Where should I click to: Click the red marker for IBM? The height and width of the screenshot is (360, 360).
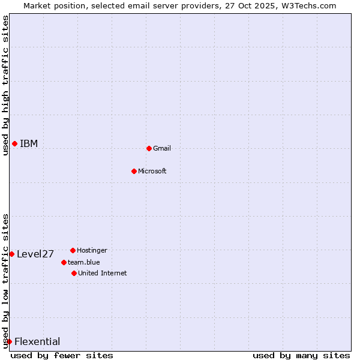pyautogui.click(x=14, y=143)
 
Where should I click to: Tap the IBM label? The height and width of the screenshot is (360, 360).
pyautogui.click(x=29, y=143)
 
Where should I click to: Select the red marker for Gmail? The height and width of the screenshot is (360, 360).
pyautogui.click(x=149, y=148)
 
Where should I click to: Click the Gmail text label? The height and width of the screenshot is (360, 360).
pyautogui.click(x=162, y=148)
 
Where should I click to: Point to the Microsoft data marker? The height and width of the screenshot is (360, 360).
pyautogui.click(x=134, y=171)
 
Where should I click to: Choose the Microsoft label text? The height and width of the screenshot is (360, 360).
pyautogui.click(x=152, y=171)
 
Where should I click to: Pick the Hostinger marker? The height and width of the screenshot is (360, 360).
pyautogui.click(x=73, y=250)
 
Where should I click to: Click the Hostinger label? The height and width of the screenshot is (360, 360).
pyautogui.click(x=92, y=250)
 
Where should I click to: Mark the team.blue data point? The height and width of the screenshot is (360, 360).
pyautogui.click(x=64, y=262)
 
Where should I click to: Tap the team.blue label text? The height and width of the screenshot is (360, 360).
pyautogui.click(x=84, y=262)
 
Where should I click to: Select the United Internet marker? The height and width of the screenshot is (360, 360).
pyautogui.click(x=74, y=273)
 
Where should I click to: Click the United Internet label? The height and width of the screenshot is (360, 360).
pyautogui.click(x=103, y=273)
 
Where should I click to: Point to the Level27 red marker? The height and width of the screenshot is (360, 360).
pyautogui.click(x=11, y=254)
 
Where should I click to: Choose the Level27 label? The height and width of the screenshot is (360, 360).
pyautogui.click(x=35, y=254)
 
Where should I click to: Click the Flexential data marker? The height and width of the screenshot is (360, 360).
pyautogui.click(x=9, y=341)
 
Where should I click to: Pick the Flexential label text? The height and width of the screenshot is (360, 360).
pyautogui.click(x=37, y=341)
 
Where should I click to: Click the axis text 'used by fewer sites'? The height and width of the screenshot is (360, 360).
pyautogui.click(x=62, y=355)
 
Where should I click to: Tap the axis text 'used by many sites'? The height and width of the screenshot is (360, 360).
pyautogui.click(x=301, y=355)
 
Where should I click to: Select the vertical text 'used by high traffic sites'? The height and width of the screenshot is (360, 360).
pyautogui.click(x=5, y=85)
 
